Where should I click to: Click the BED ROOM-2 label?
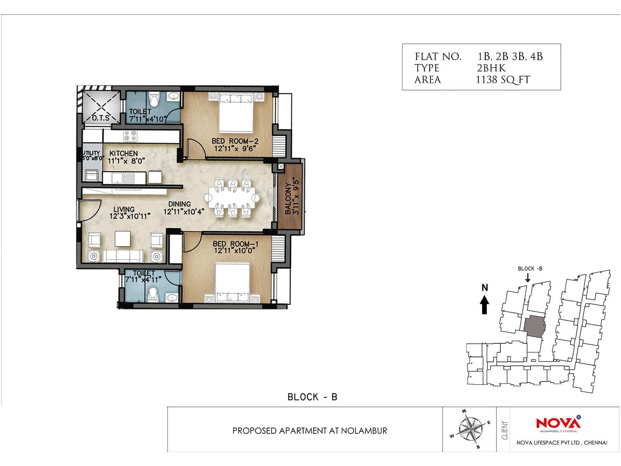pyautogui.click(x=235, y=141)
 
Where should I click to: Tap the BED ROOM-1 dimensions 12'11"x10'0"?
pyautogui.click(x=234, y=251)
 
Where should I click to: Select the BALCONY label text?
pyautogui.click(x=288, y=199)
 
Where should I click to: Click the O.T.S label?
pyautogui.click(x=101, y=118)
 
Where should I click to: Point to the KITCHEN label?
pyautogui.click(x=123, y=154)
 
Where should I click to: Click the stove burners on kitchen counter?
pyautogui.click(x=130, y=136)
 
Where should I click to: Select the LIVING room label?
pyautogui.click(x=124, y=209)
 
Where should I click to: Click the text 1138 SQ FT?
pyautogui.click(x=503, y=80)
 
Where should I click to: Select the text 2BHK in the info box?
pyautogui.click(x=491, y=68)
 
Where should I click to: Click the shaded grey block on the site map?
pyautogui.click(x=534, y=324)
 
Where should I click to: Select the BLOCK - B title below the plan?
pyautogui.click(x=312, y=397)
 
